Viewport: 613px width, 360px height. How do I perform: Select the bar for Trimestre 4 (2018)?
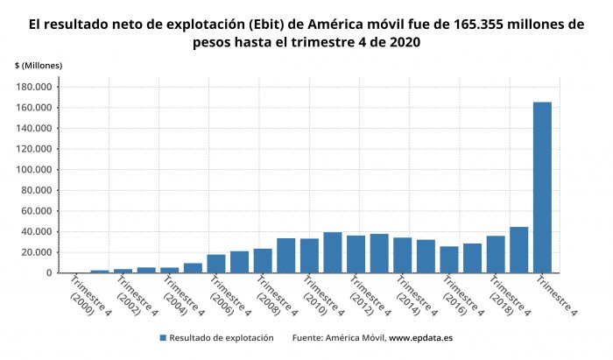coord(496,254)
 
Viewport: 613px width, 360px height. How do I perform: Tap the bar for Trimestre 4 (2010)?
coord(309,256)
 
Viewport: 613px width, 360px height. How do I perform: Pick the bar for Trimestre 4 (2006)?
coord(216,264)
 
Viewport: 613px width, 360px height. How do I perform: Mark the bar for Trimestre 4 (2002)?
coord(123,271)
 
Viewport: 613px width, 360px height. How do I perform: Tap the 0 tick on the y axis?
coord(49,273)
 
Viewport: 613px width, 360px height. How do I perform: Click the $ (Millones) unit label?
coord(38,66)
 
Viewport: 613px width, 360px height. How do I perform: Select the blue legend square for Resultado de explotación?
coord(163,337)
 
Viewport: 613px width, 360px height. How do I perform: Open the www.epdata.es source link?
coord(420,337)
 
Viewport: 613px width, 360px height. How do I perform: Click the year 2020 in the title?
coord(401,42)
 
